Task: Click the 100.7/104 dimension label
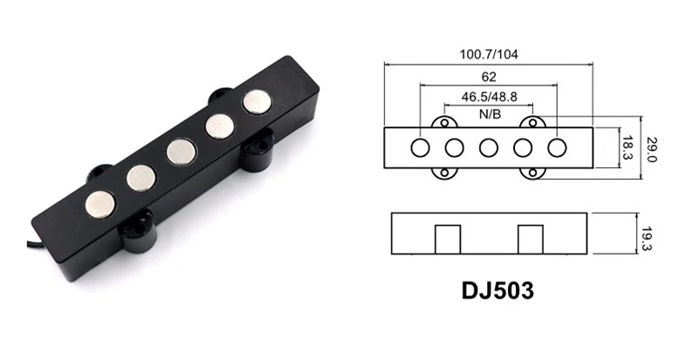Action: tap(488, 53)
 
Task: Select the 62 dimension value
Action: tap(487, 77)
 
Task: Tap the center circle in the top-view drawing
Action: tap(488, 147)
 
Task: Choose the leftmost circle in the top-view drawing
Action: tap(420, 147)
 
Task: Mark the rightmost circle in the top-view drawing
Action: tap(557, 147)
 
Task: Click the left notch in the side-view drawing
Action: tap(448, 237)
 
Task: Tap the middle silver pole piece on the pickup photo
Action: tap(180, 152)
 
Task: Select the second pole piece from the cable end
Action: tap(140, 178)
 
